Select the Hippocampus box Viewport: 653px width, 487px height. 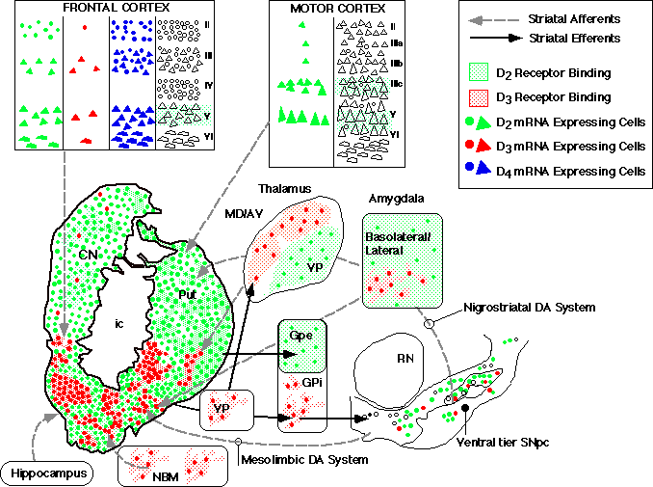pyautogui.click(x=46, y=473)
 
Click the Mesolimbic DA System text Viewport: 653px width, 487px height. pyautogui.click(x=307, y=459)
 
